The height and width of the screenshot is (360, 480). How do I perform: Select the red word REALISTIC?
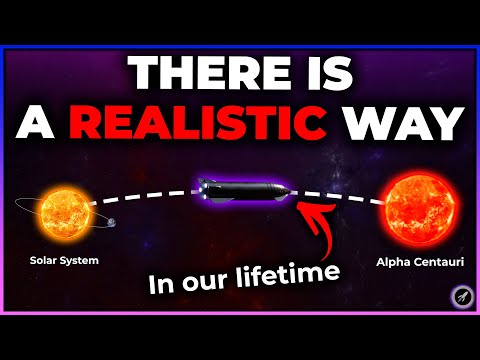pyautogui.click(x=223, y=126)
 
